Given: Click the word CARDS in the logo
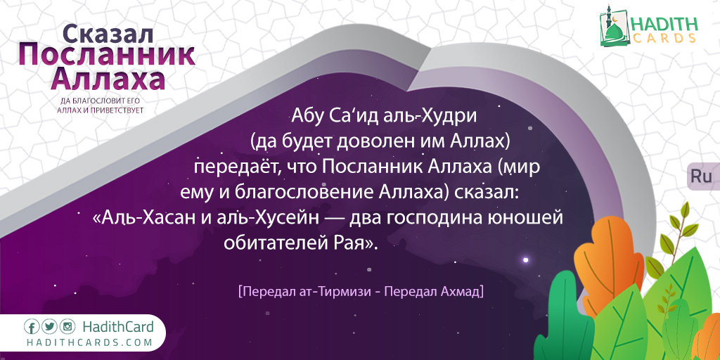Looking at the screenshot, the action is pyautogui.click(x=664, y=38).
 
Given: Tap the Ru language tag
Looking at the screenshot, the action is pyautogui.click(x=701, y=176).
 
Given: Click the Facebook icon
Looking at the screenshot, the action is pyautogui.click(x=32, y=327).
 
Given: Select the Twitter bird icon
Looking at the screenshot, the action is pyautogui.click(x=50, y=327).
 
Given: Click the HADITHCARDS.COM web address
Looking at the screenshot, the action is pyautogui.click(x=89, y=342).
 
